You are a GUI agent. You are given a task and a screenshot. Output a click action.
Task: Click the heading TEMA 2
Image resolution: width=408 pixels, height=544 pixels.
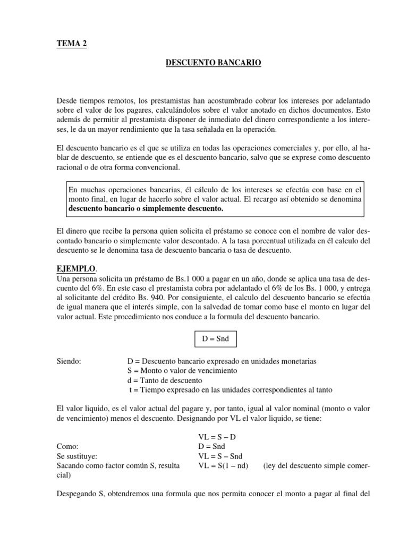coord(71,44)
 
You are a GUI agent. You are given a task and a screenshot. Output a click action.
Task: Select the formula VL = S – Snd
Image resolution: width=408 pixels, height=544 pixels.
coord(220,456)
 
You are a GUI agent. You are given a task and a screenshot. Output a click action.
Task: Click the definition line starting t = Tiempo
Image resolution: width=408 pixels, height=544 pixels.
coord(231,390)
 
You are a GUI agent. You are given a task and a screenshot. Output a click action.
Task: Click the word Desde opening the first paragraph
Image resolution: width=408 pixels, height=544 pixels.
coord(66,101)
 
